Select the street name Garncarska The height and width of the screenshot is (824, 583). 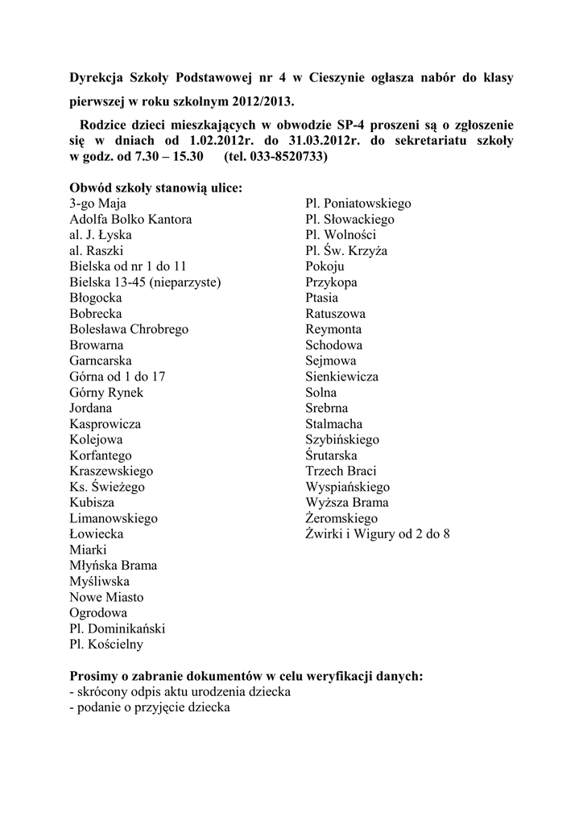pyautogui.click(x=101, y=360)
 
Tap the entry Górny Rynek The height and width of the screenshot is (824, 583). pyautogui.click(x=106, y=393)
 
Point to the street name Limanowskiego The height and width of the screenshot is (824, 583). pyautogui.click(x=114, y=518)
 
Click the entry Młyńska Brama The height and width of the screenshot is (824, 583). pyautogui.click(x=114, y=565)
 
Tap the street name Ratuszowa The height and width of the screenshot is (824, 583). pyautogui.click(x=335, y=314)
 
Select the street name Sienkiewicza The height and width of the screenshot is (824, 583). pyautogui.click(x=341, y=377)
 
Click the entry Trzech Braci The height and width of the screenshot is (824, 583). pyautogui.click(x=340, y=471)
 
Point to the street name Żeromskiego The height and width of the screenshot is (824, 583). pyautogui.click(x=341, y=518)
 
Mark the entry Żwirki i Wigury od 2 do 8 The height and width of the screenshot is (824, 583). pyautogui.click(x=378, y=534)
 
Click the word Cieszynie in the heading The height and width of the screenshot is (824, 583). pyautogui.click(x=341, y=78)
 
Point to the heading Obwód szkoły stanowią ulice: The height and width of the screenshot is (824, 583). pyautogui.click(x=155, y=188)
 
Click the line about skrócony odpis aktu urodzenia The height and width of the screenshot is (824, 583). pyautogui.click(x=181, y=692)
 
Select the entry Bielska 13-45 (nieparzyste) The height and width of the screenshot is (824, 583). pyautogui.click(x=145, y=282)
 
